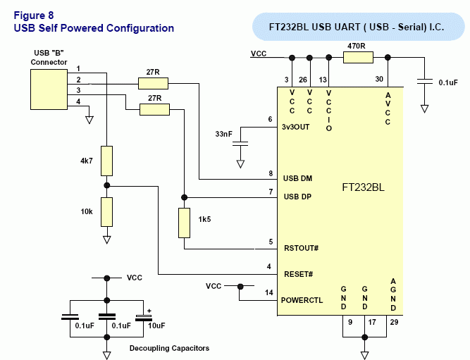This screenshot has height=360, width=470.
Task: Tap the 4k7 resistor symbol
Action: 106,161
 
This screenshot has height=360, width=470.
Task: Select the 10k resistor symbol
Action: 106,211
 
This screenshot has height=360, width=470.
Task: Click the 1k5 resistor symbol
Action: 184,223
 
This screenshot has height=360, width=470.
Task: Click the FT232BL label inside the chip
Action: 363,188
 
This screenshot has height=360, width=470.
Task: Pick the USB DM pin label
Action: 297,178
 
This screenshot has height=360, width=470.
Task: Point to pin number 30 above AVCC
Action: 380,79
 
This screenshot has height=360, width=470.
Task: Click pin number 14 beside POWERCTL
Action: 269,292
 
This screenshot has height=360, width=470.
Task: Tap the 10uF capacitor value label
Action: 155,326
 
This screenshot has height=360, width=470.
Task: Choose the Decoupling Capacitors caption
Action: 169,348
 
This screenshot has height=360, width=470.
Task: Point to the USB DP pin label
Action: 297,197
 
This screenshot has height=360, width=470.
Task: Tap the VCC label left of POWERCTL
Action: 214,286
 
